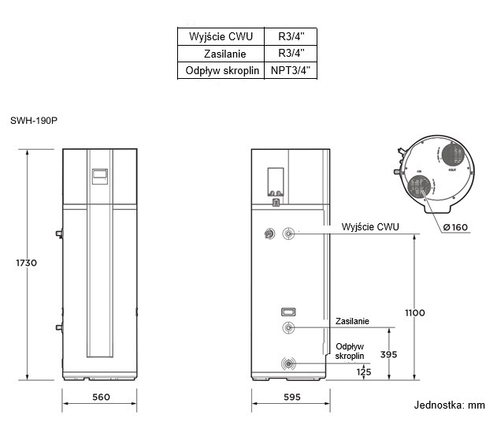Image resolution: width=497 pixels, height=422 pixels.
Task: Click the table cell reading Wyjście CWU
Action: tap(222, 36)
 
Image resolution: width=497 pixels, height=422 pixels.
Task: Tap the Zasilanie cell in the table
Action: tap(222, 54)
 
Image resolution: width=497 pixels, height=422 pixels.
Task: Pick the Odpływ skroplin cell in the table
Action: tap(222, 70)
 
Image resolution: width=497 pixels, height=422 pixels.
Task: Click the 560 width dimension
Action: tap(100, 396)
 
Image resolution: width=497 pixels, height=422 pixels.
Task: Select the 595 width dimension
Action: tap(291, 396)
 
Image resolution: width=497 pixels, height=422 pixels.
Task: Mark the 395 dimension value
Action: tap(388, 354)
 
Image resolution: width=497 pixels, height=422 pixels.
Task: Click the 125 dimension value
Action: tap(364, 372)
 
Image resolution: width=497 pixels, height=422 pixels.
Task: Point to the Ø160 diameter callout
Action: tap(454, 228)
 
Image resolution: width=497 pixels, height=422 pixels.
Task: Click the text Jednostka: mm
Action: tap(450, 405)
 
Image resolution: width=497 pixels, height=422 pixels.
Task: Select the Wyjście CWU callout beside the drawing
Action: tap(370, 227)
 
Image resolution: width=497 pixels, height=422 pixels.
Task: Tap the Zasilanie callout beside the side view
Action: tap(352, 322)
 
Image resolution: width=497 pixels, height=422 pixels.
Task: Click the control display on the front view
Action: tap(100, 176)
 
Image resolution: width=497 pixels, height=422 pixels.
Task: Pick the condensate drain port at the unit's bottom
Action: tap(290, 364)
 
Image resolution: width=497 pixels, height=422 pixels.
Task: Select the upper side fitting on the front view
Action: tap(60, 233)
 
